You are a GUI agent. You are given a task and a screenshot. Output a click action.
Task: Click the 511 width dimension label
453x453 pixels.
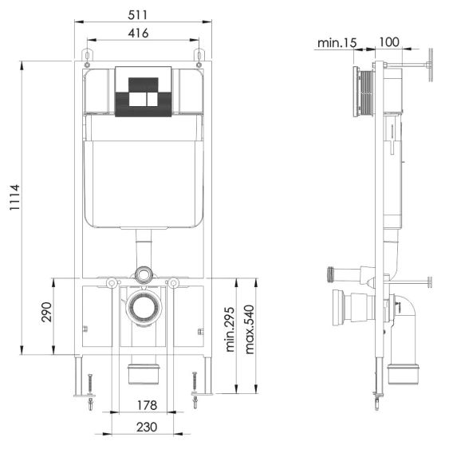click(x=137, y=14)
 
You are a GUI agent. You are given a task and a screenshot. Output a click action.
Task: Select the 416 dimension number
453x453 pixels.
click(x=139, y=33)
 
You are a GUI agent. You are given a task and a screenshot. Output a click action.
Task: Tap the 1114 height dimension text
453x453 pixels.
click(x=14, y=197)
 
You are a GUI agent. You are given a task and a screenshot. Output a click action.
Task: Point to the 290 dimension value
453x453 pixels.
click(x=46, y=312)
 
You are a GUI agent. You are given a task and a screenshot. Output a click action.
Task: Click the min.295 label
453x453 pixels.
click(x=230, y=329)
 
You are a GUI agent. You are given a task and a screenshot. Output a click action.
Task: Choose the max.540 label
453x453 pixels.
click(x=250, y=329)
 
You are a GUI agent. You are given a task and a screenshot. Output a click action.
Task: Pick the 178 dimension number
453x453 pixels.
click(x=147, y=405)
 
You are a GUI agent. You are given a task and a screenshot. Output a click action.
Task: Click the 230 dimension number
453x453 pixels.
click(x=147, y=427)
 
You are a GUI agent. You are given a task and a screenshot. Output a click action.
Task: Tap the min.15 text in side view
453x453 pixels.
click(x=337, y=43)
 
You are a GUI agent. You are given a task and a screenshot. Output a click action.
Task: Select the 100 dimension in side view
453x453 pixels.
click(x=389, y=42)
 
